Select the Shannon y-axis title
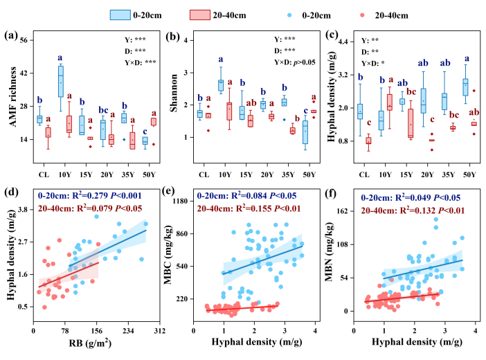coord(172,90)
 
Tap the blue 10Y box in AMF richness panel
coord(61,81)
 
